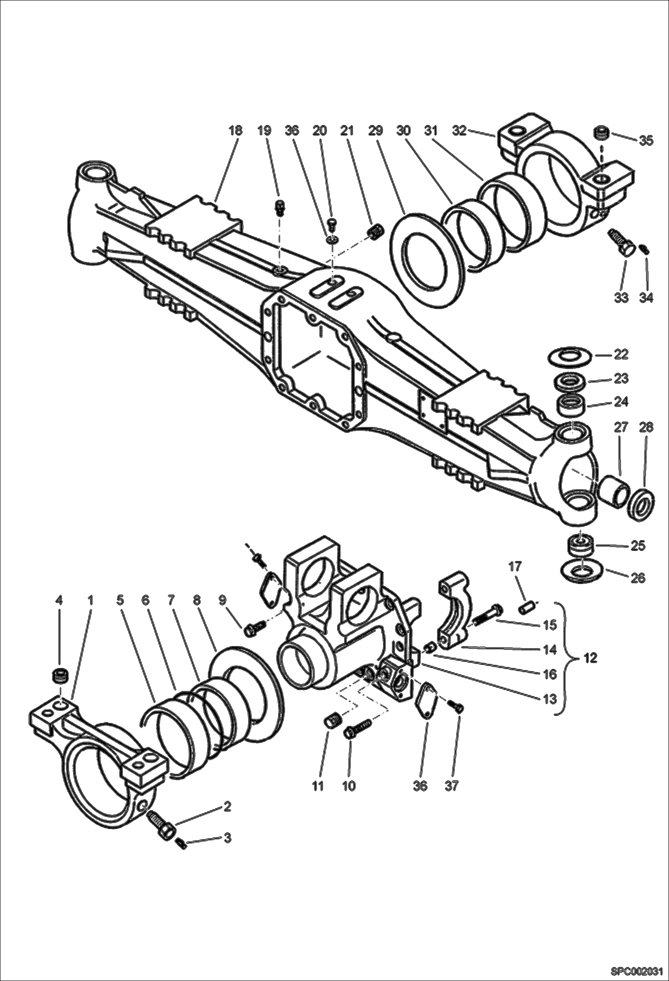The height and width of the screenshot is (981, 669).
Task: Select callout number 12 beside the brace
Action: [x=590, y=658]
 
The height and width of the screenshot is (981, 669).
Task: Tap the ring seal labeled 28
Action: [x=641, y=505]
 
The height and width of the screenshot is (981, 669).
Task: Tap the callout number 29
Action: [x=376, y=131]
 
